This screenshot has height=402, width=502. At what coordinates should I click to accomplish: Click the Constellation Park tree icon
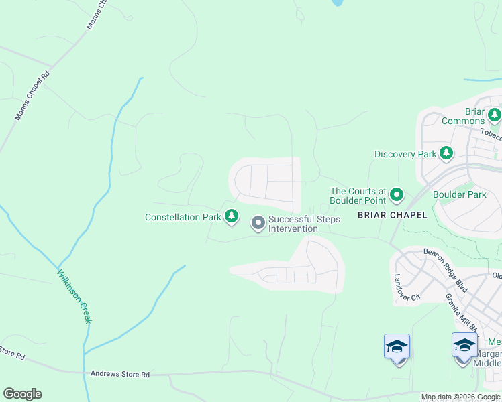click(231, 216)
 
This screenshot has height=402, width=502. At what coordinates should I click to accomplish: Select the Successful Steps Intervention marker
click(258, 223)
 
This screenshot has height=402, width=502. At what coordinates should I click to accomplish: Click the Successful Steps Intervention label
click(304, 224)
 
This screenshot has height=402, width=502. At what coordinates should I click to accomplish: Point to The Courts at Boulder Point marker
click(397, 196)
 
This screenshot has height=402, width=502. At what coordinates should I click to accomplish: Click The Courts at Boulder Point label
click(358, 196)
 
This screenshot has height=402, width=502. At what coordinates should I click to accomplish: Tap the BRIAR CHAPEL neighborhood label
click(393, 215)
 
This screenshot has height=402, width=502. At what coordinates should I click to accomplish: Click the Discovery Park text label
click(405, 154)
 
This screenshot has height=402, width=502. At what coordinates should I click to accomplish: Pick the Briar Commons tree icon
click(495, 115)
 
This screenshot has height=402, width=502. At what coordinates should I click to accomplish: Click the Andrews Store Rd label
click(119, 374)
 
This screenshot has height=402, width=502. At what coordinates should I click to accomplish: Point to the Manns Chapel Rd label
click(32, 96)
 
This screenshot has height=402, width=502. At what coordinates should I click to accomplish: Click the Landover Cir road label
click(406, 287)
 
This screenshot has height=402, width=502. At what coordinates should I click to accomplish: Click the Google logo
click(22, 394)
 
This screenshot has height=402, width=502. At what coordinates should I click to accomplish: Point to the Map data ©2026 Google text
click(460, 397)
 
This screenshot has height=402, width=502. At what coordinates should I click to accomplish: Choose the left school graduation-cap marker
click(397, 347)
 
